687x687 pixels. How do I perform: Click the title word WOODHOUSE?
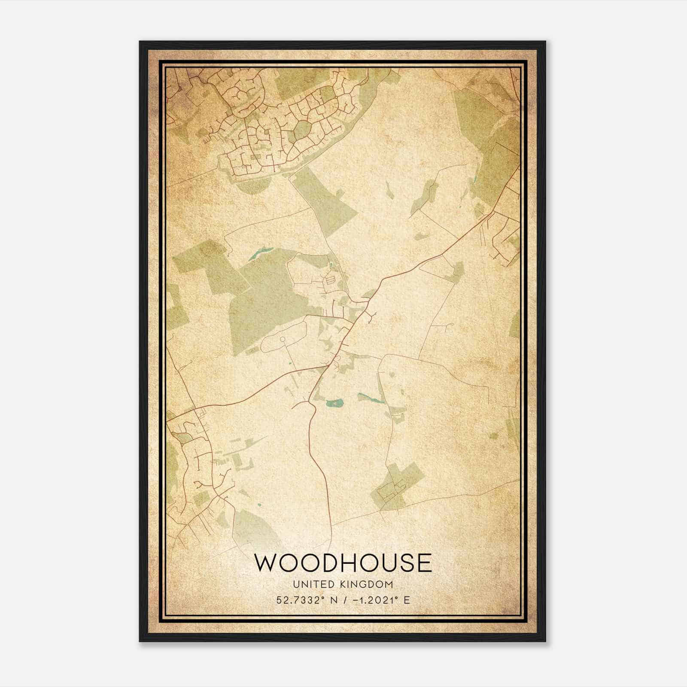point(343,563)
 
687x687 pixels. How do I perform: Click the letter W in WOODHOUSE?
point(266,563)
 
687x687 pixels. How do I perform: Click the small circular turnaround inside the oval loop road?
point(283,340)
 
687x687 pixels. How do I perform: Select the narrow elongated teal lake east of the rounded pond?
point(372,399)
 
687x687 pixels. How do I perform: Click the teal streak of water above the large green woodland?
point(260,254)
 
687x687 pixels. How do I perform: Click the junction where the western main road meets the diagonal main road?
point(330,366)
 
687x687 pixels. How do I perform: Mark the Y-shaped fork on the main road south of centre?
point(310,404)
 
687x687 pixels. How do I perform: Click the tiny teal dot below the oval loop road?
point(291,365)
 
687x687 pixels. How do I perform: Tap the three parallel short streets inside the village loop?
point(330,280)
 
